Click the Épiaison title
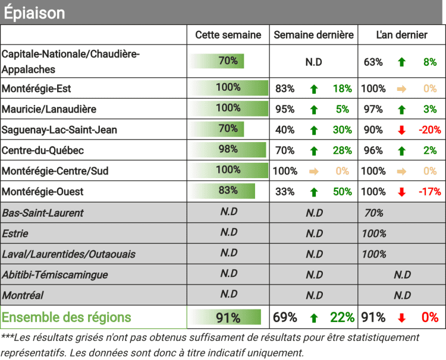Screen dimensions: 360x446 tap(34, 13)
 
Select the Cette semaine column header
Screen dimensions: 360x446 tap(228, 35)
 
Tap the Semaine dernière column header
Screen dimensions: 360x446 tap(314, 35)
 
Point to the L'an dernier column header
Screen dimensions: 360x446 tap(402, 35)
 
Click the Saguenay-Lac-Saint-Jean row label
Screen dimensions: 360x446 tap(59, 130)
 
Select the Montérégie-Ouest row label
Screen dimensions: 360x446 tap(42, 192)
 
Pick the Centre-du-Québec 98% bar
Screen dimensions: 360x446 tap(228, 150)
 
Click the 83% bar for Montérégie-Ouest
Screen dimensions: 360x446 tap(223, 191)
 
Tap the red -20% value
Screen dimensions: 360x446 tap(429, 130)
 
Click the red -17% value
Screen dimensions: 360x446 tap(429, 192)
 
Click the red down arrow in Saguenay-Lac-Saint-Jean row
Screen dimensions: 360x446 tap(401, 130)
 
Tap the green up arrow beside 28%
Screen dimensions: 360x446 tap(314, 151)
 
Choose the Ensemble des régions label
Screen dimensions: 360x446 tap(67, 317)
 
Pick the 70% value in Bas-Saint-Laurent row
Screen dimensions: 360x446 tap(373, 213)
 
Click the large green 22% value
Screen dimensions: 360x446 tap(343, 317)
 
